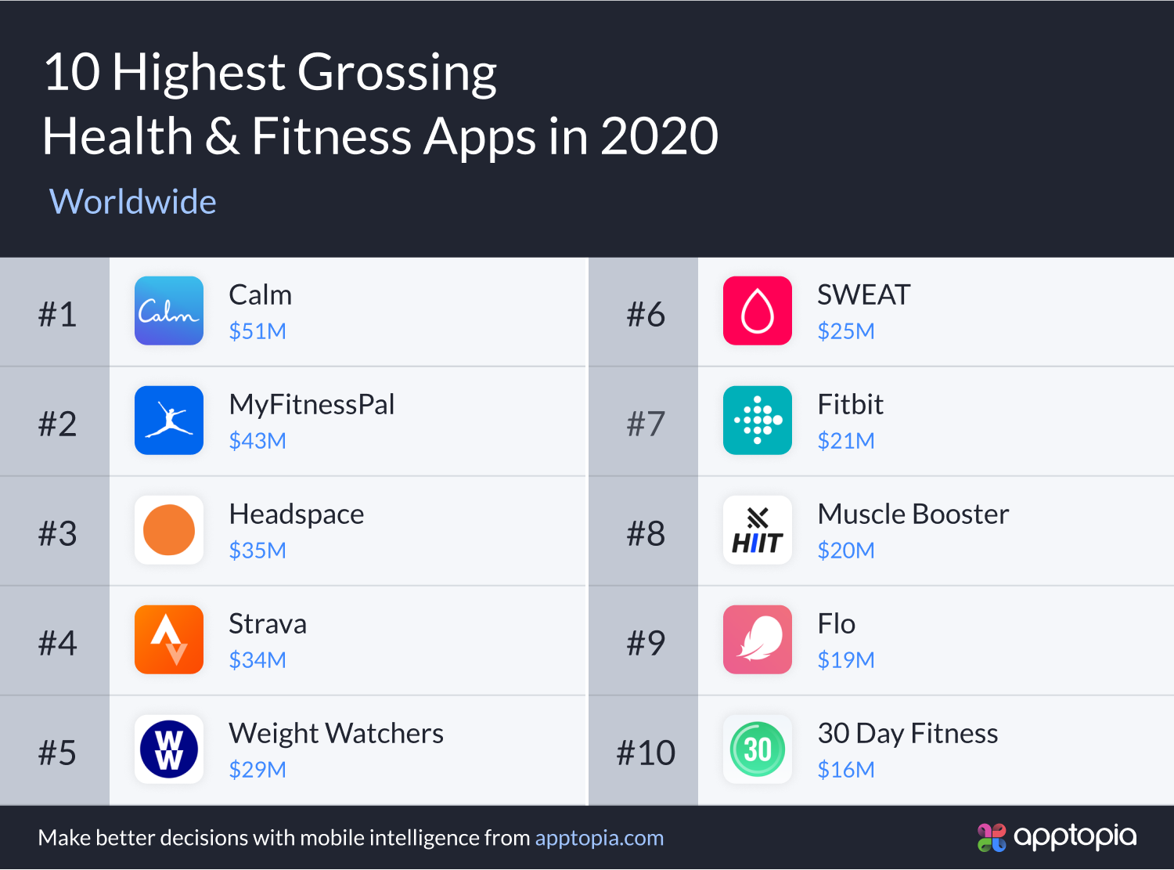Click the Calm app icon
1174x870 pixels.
click(169, 311)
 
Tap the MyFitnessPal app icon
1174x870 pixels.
click(169, 421)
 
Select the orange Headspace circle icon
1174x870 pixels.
click(169, 530)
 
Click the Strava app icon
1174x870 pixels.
click(169, 640)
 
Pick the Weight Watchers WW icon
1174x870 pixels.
click(169, 749)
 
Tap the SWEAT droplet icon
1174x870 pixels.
click(758, 311)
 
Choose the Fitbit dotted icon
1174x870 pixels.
click(758, 421)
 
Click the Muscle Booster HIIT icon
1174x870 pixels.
click(758, 530)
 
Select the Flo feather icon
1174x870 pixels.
click(758, 640)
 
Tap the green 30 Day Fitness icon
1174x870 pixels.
click(758, 749)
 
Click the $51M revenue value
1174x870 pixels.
click(257, 331)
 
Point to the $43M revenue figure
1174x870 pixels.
click(257, 441)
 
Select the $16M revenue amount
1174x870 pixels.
click(846, 770)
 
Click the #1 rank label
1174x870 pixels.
click(57, 315)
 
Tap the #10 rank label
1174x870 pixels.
click(646, 753)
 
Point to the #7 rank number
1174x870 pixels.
click(646, 424)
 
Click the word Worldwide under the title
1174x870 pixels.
click(133, 202)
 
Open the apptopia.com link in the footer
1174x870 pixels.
click(599, 838)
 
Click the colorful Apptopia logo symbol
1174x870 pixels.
click(992, 837)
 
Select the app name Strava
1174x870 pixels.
click(268, 624)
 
